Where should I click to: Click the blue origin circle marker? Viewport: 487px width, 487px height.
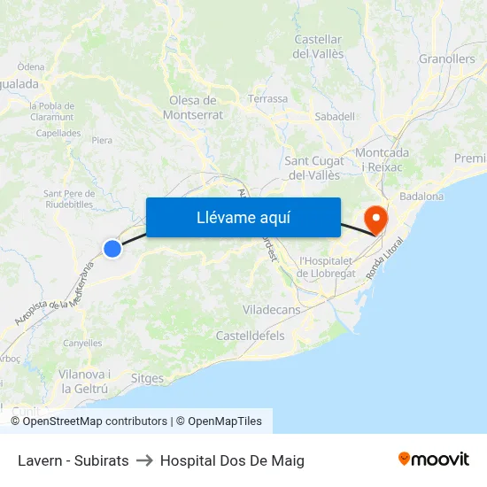click(x=112, y=249)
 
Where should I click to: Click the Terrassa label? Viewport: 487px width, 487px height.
click(x=268, y=99)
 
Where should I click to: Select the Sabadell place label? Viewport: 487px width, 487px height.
click(x=335, y=116)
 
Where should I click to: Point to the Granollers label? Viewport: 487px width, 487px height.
click(x=446, y=59)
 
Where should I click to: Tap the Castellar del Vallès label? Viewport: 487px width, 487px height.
click(x=318, y=46)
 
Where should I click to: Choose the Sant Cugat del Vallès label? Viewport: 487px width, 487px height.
click(x=313, y=167)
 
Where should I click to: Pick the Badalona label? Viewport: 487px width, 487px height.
click(x=421, y=196)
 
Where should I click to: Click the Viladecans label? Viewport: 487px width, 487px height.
click(x=271, y=310)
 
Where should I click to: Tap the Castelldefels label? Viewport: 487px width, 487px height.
click(x=250, y=336)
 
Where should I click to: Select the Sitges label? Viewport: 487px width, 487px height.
click(x=147, y=379)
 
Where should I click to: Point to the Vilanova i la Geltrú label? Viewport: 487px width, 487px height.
click(x=84, y=382)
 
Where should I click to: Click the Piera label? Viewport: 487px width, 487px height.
click(x=102, y=140)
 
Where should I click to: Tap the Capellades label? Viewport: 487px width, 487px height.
click(x=58, y=134)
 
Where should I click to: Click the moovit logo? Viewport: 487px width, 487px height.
click(x=434, y=460)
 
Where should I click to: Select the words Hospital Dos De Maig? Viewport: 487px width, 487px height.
click(x=232, y=460)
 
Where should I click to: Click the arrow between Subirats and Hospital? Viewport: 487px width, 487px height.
click(x=144, y=460)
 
